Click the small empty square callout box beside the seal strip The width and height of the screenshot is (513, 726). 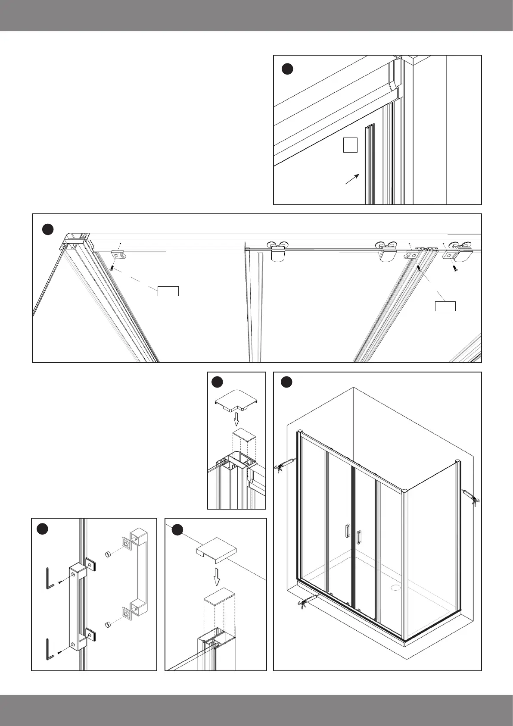pyautogui.click(x=350, y=145)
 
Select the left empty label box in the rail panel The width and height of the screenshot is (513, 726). pyautogui.click(x=168, y=291)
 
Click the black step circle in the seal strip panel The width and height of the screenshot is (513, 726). pyautogui.click(x=287, y=69)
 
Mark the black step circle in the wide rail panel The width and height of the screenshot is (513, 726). pyautogui.click(x=48, y=229)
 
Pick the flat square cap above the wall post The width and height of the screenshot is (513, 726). pyautogui.click(x=216, y=549)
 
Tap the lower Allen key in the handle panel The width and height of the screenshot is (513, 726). pyautogui.click(x=50, y=649)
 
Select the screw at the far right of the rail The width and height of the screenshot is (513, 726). pyautogui.click(x=455, y=268)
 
